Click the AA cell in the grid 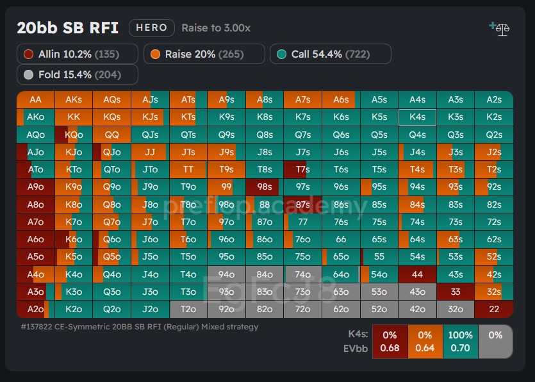point(35,99)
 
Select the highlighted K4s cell point(417,117)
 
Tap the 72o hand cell point(302,308)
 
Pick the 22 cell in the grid point(493,308)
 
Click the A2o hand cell point(35,308)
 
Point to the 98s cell point(265,187)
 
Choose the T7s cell point(302,169)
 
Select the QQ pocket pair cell point(111,135)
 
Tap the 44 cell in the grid point(417,274)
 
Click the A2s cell point(493,99)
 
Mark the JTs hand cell point(188,152)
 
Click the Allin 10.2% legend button point(78,54)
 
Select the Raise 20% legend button point(204,54)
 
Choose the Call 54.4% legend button point(330,54)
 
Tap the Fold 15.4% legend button point(78,75)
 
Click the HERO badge point(152,28)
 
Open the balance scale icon point(498,29)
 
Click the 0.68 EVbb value point(389,348)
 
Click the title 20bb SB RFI point(67,28)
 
